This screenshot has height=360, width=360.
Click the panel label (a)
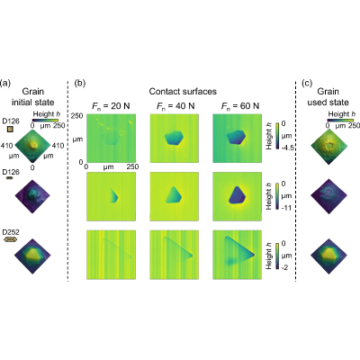(5, 83)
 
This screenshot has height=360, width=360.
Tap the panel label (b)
(80, 83)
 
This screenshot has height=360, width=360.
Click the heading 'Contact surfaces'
(183, 91)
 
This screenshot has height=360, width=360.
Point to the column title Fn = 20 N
(111, 106)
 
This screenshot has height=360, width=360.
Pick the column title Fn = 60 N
(240, 106)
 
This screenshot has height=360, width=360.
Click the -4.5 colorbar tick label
(287, 148)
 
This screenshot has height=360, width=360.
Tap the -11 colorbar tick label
(285, 208)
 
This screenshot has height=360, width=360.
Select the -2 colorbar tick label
(284, 267)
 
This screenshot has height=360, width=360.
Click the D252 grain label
(11, 232)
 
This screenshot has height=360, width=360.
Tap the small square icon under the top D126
(10, 130)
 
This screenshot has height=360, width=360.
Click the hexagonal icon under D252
(10, 239)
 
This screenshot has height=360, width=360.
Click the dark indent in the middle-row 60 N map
(237, 195)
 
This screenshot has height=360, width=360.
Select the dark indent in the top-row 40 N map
(174, 138)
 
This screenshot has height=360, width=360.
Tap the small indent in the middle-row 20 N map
(114, 195)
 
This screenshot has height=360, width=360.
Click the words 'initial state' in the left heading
(32, 103)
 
